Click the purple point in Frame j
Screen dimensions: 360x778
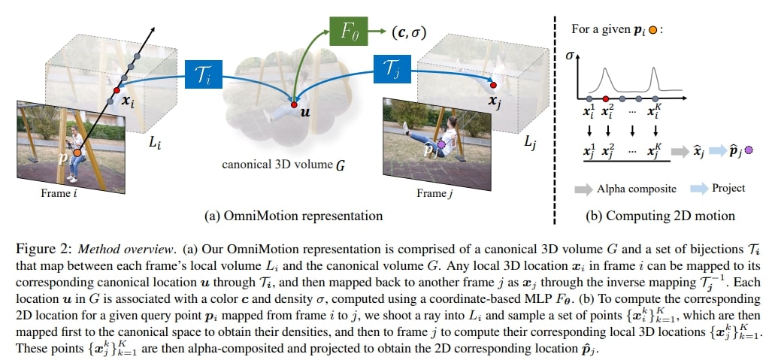441,144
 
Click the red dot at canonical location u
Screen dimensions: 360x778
294,104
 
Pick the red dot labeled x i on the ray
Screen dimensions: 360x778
116,91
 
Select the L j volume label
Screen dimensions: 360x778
531,141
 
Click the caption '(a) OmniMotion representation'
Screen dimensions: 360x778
293,216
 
